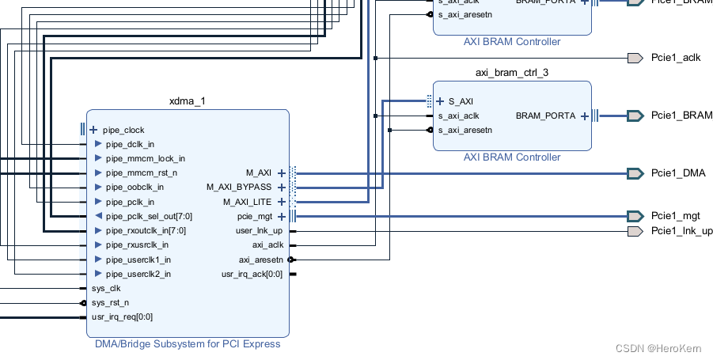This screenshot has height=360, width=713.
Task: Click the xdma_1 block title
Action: pyautogui.click(x=188, y=101)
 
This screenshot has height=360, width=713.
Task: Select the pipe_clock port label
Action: pyautogui.click(x=123, y=130)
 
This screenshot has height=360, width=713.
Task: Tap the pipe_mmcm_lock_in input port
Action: pyautogui.click(x=145, y=158)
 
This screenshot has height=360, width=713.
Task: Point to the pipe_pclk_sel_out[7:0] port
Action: pyautogui.click(x=149, y=216)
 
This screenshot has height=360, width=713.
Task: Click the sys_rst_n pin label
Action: pyautogui.click(x=109, y=303)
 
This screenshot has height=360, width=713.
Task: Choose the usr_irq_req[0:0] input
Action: pyautogui.click(x=122, y=317)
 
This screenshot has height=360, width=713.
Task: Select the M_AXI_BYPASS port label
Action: pyautogui.click(x=238, y=188)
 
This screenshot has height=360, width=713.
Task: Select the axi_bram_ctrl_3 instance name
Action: pyautogui.click(x=511, y=72)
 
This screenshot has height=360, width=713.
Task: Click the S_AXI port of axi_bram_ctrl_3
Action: pyautogui.click(x=461, y=101)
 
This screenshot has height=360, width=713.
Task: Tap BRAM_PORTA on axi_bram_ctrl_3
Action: pyautogui.click(x=546, y=116)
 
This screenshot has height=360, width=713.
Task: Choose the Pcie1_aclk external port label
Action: pyautogui.click(x=675, y=58)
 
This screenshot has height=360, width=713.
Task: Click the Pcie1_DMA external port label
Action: pyautogui.click(x=677, y=173)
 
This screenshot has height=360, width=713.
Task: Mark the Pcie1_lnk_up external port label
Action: pyautogui.click(x=681, y=231)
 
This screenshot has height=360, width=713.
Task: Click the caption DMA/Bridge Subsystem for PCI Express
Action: pyautogui.click(x=188, y=344)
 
